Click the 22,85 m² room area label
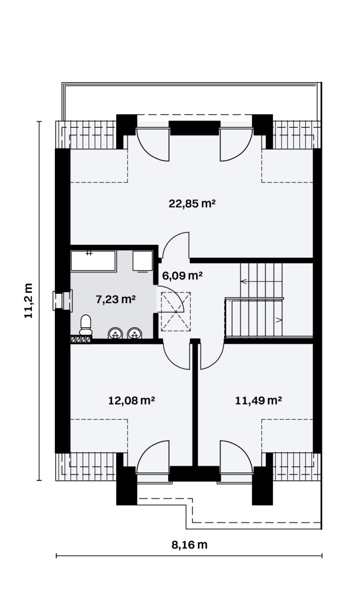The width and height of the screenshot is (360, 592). tap(192, 203)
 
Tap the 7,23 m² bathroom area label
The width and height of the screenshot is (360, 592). tap(116, 299)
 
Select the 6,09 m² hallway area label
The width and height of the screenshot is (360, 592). tap(182, 275)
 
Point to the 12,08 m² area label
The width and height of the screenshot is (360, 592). tap(132, 400)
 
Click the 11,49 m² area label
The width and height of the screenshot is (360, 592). tap(259, 400)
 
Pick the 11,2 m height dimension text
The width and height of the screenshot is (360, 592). tap(28, 300)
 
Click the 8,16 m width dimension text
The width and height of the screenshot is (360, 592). tap(190, 545)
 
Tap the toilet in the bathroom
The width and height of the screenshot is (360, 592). tap(85, 325)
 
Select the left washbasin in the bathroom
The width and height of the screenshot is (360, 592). tap(116, 333)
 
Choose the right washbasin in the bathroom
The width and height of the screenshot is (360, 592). tap(134, 333)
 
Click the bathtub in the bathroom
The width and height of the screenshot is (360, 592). tap(93, 260)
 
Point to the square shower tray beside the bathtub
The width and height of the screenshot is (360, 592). tap(142, 260)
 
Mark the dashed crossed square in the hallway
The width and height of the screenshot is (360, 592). tap(176, 311)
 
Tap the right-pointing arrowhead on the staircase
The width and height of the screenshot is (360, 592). tap(279, 320)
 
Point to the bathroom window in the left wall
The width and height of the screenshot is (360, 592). tap(62, 300)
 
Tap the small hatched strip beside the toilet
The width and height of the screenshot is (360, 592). tap(81, 339)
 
